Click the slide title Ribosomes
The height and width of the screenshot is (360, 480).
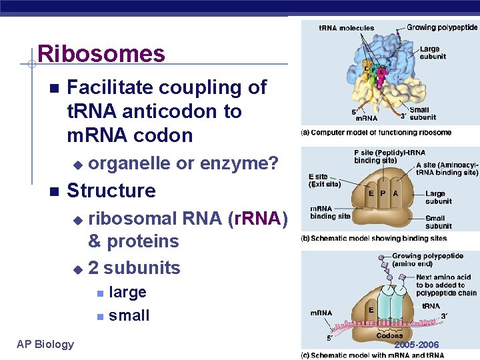point(101,53)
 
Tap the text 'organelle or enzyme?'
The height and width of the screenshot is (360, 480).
point(183,163)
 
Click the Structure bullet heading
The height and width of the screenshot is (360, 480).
point(111,191)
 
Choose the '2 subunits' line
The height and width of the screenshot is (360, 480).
point(134,268)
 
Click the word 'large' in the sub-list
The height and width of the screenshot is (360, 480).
point(127,292)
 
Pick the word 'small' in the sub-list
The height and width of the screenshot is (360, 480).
point(129,315)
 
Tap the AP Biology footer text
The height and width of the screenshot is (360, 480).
point(45,344)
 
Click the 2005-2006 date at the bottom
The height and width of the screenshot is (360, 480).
point(416,345)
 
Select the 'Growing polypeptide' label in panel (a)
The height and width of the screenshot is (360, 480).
point(442,28)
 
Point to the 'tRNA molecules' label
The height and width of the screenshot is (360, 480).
point(346,28)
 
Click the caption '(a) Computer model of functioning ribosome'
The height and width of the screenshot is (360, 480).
point(376,133)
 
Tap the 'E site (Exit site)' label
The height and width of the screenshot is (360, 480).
point(325,180)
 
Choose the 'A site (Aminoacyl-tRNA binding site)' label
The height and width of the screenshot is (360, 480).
point(447,169)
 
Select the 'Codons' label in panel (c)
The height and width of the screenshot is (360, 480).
point(389,335)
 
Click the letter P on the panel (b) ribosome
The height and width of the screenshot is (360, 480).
point(383,193)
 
